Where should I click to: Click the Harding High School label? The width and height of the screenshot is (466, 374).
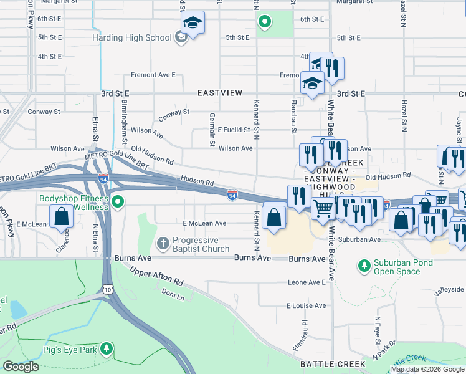tap(131, 37)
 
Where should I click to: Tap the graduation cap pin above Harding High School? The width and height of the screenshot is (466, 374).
tap(193, 24)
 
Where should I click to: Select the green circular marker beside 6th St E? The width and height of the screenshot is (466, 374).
tap(265, 22)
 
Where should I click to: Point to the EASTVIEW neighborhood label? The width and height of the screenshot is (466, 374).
tap(219, 93)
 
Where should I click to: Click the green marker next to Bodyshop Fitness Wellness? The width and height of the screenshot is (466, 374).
tap(118, 201)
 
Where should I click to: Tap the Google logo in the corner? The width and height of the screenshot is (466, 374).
tap(21, 367)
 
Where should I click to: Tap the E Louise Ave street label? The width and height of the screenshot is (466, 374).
tap(306, 306)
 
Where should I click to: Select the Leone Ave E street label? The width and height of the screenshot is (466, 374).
tap(307, 282)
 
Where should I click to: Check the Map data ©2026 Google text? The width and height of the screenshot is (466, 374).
tap(427, 369)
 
